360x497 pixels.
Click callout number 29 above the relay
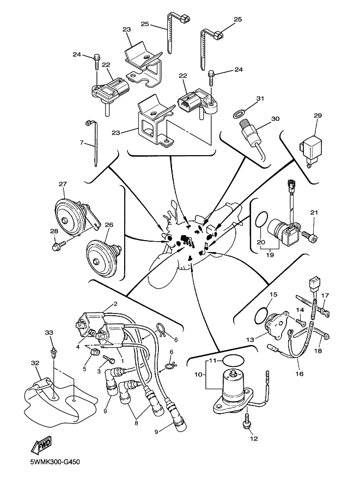318,115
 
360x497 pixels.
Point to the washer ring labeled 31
238,114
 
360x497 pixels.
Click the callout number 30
275,119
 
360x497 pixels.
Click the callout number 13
249,339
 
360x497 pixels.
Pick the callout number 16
300,374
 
